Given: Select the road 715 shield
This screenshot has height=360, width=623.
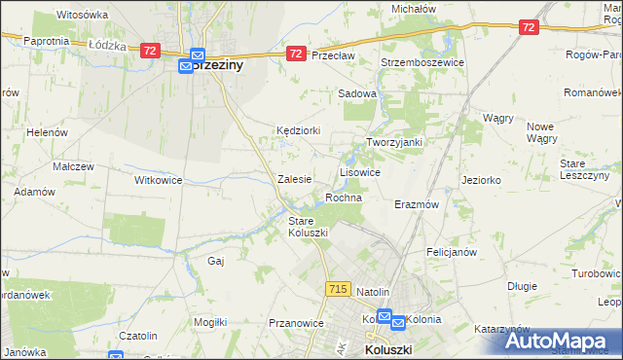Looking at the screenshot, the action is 339,289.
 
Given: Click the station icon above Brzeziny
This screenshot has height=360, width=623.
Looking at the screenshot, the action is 196,57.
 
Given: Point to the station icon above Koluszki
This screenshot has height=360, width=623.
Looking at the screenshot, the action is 385,317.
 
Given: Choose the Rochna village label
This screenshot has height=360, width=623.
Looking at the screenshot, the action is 344,198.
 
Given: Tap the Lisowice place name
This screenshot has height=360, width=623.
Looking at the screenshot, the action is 359,171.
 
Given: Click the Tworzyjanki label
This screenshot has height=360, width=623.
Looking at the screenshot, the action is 393,142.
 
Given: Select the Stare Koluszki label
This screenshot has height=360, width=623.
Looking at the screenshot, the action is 308,227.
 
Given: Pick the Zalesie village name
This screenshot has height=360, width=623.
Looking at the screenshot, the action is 294,179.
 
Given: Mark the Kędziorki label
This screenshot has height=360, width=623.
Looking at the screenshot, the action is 297,129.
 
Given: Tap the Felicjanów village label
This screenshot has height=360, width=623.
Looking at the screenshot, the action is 451,252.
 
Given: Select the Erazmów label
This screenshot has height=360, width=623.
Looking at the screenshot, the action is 417,205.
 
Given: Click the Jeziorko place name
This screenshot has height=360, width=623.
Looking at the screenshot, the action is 481,180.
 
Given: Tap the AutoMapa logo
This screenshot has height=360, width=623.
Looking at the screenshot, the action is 560,341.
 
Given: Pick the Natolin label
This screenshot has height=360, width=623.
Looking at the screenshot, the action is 373,292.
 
